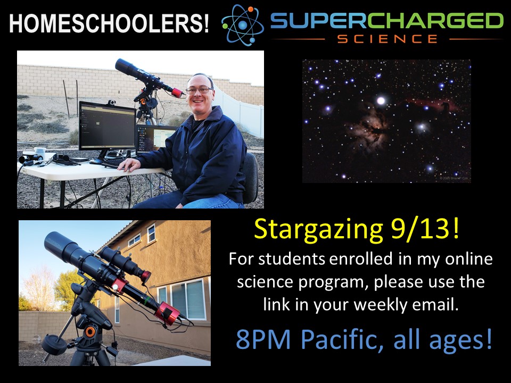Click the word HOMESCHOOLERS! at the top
[109, 23]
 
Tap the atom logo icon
[243, 25]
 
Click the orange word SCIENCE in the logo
[387, 39]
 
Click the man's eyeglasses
[199, 90]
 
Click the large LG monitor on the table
[107, 126]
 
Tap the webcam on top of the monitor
[111, 103]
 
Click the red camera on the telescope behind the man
[177, 92]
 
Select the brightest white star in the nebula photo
[381, 101]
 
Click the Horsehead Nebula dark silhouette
[445, 106]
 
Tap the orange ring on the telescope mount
[90, 332]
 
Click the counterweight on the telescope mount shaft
[54, 345]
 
